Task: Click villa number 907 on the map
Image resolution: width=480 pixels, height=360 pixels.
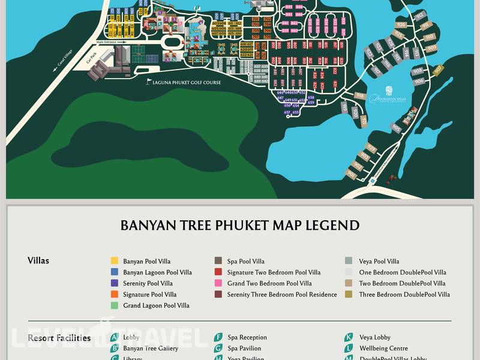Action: click(x=437, y=70)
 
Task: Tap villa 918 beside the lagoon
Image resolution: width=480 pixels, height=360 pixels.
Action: click(x=359, y=96)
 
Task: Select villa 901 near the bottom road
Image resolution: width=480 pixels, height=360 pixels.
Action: click(x=351, y=174)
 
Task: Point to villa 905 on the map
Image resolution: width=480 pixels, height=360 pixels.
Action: click(x=396, y=127)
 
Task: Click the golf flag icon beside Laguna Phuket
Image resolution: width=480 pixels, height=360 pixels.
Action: click(x=149, y=82)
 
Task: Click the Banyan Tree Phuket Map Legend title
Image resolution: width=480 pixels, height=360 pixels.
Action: click(x=240, y=226)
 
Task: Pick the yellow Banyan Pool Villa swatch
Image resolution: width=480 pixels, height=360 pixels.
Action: click(x=115, y=261)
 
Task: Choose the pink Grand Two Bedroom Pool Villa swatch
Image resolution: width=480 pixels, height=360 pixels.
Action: click(x=218, y=283)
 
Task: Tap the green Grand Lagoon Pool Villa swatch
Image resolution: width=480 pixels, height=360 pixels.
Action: click(x=115, y=305)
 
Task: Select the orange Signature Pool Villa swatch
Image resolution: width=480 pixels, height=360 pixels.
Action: click(x=115, y=295)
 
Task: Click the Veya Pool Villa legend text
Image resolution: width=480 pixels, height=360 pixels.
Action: click(x=379, y=262)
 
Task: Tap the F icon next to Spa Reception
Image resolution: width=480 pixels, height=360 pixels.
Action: click(x=218, y=337)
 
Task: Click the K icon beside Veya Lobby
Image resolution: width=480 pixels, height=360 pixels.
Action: click(x=349, y=337)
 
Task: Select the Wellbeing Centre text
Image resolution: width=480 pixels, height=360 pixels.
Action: click(x=383, y=349)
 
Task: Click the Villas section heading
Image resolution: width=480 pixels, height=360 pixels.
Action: click(x=38, y=261)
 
